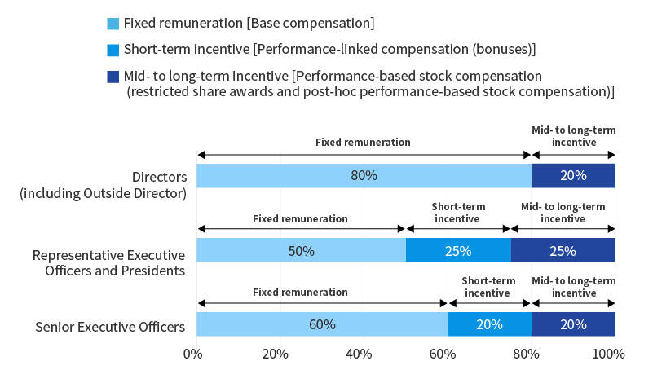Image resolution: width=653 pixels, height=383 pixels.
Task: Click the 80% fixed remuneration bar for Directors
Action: (x=364, y=176)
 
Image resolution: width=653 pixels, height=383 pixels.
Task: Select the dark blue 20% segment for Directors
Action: (x=573, y=176)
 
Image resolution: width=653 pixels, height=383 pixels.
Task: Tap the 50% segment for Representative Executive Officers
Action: (x=301, y=250)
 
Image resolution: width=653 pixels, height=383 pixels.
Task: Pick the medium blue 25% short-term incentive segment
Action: (x=458, y=250)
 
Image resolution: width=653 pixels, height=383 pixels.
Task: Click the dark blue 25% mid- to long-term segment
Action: (x=563, y=250)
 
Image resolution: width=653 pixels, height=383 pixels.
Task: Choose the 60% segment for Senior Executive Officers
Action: (x=322, y=324)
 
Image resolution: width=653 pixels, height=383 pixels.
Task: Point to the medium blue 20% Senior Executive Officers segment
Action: (x=490, y=324)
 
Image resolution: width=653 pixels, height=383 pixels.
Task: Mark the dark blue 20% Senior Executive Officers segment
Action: (x=573, y=324)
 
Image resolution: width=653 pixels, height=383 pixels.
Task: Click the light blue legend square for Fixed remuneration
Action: (x=113, y=24)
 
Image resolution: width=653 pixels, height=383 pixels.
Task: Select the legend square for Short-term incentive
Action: (x=113, y=50)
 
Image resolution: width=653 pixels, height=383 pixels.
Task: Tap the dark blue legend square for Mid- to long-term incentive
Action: (x=113, y=77)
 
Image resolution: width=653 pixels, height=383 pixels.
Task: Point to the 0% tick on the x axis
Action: (x=193, y=354)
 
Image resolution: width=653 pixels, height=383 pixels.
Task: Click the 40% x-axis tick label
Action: (x=359, y=354)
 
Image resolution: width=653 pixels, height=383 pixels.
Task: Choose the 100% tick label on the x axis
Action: (x=608, y=354)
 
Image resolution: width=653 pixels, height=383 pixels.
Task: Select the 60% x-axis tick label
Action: (x=443, y=354)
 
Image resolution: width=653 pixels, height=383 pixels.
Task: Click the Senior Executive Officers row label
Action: (x=110, y=327)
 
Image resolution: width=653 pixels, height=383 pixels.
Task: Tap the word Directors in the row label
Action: (x=160, y=177)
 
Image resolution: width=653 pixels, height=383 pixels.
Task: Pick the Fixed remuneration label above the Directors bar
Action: (x=363, y=143)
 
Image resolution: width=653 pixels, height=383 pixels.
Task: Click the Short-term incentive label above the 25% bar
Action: (x=458, y=213)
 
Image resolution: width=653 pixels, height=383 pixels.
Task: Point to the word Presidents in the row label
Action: (x=152, y=271)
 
